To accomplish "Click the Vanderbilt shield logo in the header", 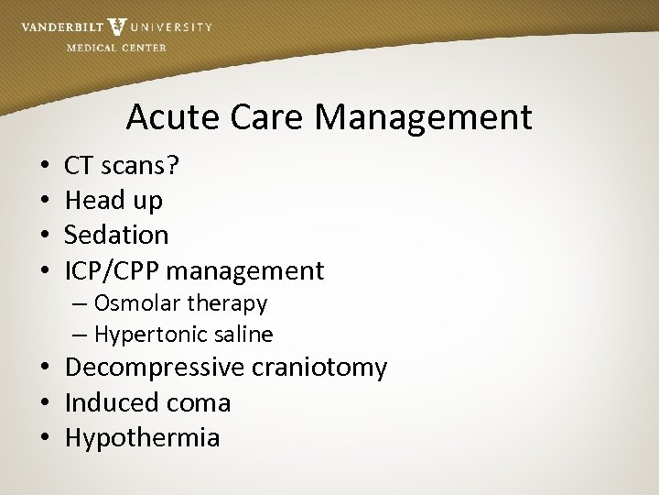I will coord(116,27).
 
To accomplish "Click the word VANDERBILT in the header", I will coord(61,27).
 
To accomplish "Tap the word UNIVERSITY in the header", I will coord(171,27).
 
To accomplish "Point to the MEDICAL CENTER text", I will coord(116,48).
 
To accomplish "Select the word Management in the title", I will coord(430,117).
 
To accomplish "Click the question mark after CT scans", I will coord(174,166).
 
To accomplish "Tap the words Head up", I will coord(113,200).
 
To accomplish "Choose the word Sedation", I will coord(116,235).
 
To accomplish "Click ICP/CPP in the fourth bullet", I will coord(113,270).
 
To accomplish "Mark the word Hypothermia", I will coord(142,438).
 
